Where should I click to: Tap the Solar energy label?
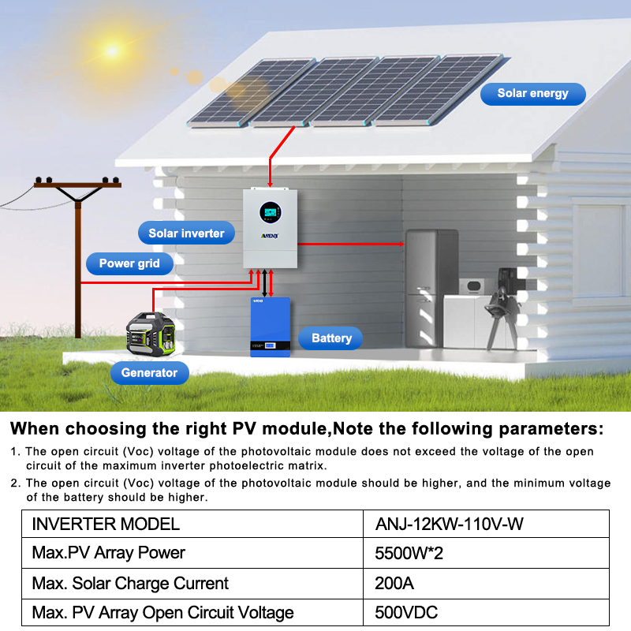(x=533, y=93)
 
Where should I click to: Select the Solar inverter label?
(x=186, y=233)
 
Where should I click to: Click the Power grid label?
(x=129, y=263)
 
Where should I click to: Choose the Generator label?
(x=149, y=372)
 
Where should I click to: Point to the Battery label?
(x=331, y=338)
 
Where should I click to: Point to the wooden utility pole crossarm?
(x=78, y=185)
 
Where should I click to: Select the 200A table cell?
(x=394, y=584)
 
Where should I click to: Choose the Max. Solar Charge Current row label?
(x=130, y=584)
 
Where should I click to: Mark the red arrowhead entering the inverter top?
(x=270, y=185)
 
